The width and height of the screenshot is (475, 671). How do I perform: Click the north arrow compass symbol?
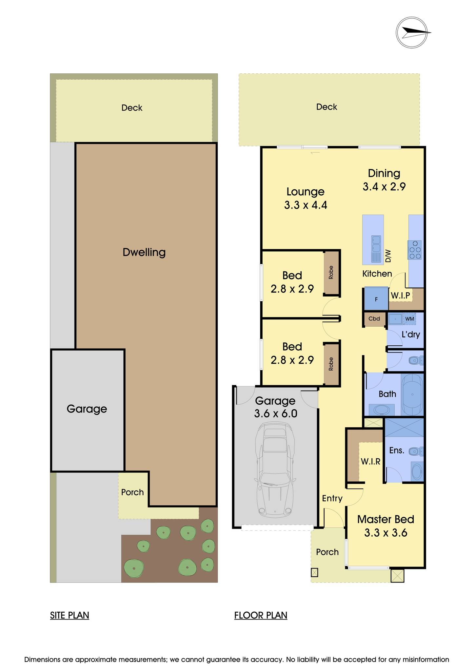(412, 32)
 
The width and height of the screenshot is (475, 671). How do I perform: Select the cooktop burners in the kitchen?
(415, 250)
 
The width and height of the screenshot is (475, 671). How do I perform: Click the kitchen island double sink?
(376, 244)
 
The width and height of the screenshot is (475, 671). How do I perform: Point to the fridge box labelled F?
(376, 299)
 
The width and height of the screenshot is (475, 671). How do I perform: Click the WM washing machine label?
(409, 319)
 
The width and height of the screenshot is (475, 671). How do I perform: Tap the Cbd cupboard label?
(374, 318)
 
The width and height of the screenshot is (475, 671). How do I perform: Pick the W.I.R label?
(370, 462)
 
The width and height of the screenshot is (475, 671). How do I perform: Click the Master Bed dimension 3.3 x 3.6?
(386, 533)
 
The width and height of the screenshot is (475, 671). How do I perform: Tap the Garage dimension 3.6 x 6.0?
(275, 413)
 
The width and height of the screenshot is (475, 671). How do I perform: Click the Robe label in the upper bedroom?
(331, 272)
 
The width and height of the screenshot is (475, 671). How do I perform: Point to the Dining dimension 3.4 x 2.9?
(384, 187)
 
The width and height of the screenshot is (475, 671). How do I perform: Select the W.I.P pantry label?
(400, 296)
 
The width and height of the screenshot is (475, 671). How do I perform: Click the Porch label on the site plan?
(132, 492)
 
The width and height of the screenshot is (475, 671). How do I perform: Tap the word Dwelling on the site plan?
(144, 252)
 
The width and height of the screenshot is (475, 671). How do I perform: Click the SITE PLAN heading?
(69, 615)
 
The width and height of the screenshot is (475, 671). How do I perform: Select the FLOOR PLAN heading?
(261, 615)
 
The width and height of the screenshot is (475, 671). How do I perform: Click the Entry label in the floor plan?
(332, 498)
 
